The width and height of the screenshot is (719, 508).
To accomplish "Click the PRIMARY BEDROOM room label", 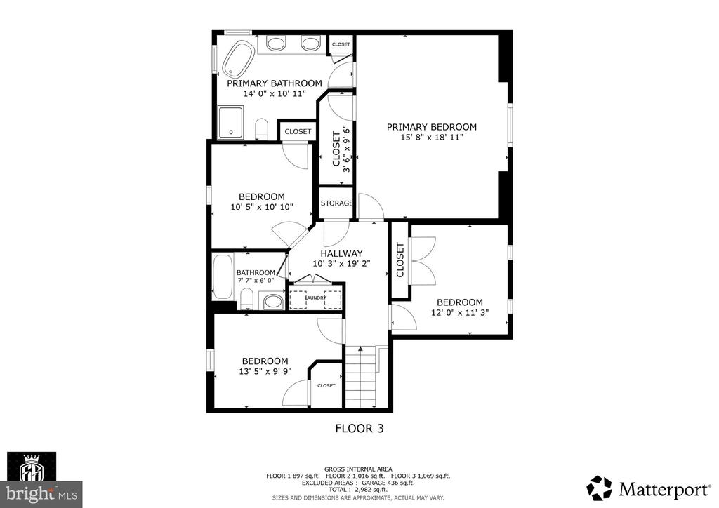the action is (432, 127).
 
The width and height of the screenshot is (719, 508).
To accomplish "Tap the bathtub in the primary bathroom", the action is (239, 58).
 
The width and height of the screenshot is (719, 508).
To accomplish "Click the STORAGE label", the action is (336, 203).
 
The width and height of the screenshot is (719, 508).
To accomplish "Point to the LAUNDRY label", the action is (315, 298).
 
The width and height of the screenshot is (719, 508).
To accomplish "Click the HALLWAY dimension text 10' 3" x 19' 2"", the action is (341, 263).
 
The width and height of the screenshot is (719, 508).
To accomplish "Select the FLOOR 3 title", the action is (359, 428).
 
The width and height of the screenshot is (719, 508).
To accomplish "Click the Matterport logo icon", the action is (599, 488).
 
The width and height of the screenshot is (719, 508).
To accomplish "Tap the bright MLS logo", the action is (41, 494).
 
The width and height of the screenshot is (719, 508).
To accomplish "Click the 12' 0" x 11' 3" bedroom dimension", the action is (459, 312).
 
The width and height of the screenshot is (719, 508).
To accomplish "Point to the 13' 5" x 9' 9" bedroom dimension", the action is (265, 371).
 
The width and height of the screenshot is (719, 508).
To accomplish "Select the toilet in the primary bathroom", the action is (261, 128).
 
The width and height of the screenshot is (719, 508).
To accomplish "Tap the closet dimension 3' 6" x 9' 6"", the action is (347, 149).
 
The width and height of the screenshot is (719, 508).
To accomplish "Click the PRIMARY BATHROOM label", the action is (275, 83).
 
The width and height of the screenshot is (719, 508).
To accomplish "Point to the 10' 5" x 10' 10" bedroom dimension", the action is (261, 207).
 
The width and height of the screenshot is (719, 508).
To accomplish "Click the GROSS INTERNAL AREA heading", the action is (358, 469).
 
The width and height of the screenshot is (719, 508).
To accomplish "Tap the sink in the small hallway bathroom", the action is (273, 302).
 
